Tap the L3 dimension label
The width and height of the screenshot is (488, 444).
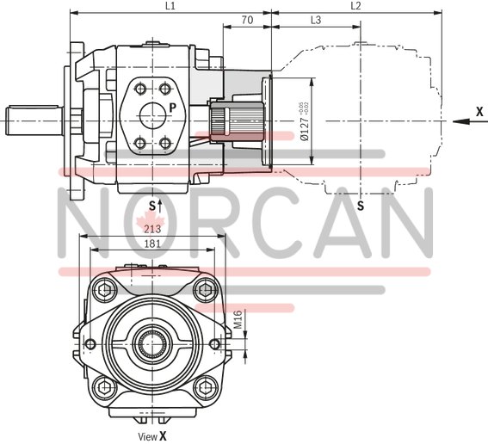(315, 19)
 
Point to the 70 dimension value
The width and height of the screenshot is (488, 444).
(246, 19)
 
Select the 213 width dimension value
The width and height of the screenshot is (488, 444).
(152, 229)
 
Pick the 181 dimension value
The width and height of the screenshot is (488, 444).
(152, 244)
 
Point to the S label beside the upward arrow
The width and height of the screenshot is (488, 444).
(151, 205)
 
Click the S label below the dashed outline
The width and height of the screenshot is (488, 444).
(360, 206)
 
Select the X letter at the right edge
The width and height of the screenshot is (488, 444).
(479, 112)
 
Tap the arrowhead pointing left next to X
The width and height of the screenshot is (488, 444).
(458, 121)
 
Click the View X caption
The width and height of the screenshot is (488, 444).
(152, 436)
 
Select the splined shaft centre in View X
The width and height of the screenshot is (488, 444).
(153, 344)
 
